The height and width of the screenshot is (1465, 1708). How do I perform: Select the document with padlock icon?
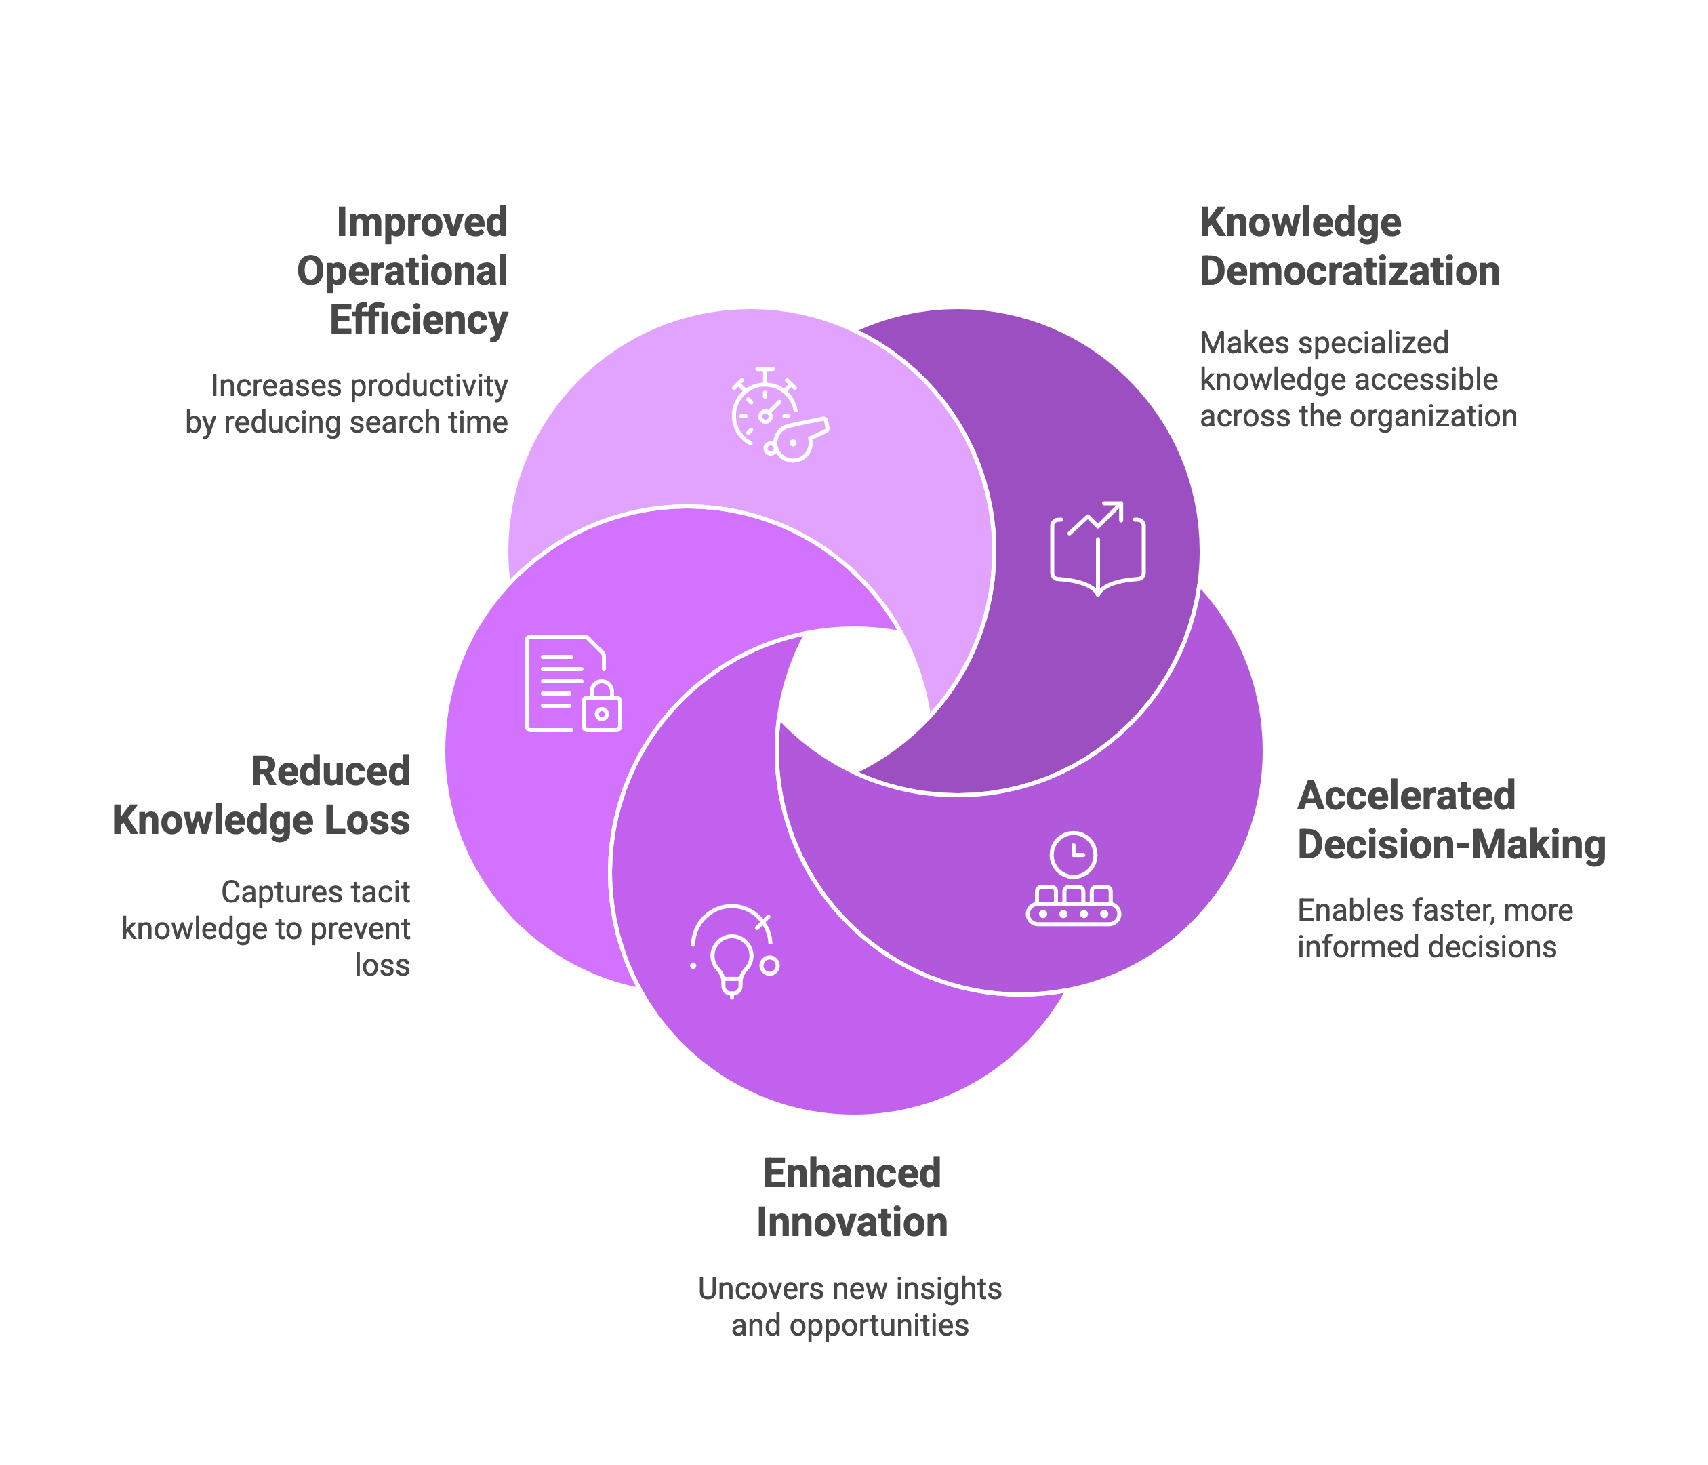click(573, 683)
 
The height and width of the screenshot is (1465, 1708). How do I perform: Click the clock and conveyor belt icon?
click(1074, 879)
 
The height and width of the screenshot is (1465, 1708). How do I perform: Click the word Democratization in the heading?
click(1349, 271)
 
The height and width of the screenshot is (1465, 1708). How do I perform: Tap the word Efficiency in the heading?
click(419, 321)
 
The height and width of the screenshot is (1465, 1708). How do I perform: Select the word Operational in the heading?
click(403, 272)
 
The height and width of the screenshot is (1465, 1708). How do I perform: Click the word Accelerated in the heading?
click(1406, 796)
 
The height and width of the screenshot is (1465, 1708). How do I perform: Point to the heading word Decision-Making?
click(1452, 845)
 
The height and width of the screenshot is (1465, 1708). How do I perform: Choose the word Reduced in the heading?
click(331, 771)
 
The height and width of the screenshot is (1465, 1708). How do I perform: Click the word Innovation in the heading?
click(853, 1222)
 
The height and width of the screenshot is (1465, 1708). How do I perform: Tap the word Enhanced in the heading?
click(853, 1173)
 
